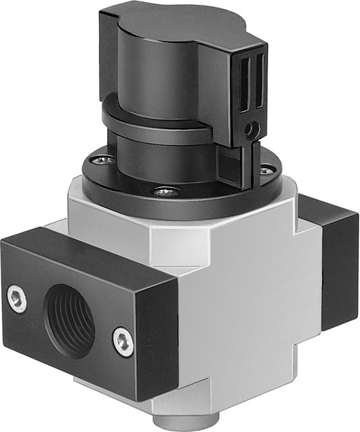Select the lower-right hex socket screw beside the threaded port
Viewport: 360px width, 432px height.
coord(124,340)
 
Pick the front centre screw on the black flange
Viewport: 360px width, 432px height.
coord(164,191)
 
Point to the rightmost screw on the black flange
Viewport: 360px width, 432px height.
coord(265,169)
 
